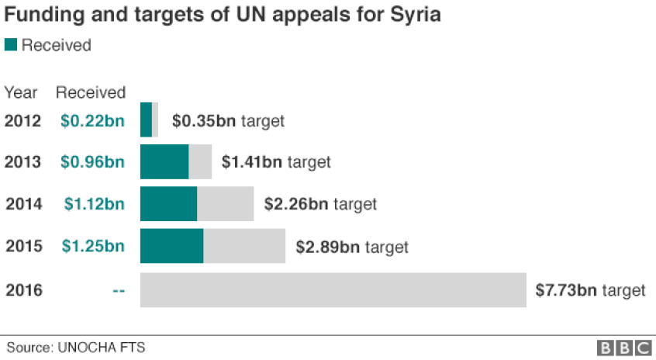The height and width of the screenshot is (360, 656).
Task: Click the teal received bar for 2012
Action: [x=146, y=120]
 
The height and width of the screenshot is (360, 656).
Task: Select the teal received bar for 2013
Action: [x=164, y=162]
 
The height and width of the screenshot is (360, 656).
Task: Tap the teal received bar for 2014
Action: [x=168, y=204]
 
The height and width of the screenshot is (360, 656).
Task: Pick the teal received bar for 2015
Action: [x=171, y=246]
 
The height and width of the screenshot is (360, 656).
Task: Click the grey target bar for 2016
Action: [x=333, y=290]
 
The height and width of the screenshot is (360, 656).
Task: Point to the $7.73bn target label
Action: [x=590, y=290]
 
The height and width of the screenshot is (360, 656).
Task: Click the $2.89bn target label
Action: [x=351, y=247]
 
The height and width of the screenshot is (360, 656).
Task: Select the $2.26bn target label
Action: [x=320, y=204]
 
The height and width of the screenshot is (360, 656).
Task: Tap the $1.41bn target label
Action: [x=276, y=162]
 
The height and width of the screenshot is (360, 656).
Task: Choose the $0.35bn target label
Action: [x=228, y=121]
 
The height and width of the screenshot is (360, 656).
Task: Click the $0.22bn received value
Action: [x=93, y=121]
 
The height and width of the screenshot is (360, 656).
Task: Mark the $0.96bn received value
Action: [x=93, y=162]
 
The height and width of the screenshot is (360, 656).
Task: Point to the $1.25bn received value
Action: [x=93, y=247]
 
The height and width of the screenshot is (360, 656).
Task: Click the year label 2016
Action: [x=24, y=291]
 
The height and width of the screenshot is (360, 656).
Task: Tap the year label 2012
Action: [x=23, y=121]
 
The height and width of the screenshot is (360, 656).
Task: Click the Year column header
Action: [x=21, y=93]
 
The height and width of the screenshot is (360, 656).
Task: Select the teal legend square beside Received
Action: [x=11, y=45]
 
